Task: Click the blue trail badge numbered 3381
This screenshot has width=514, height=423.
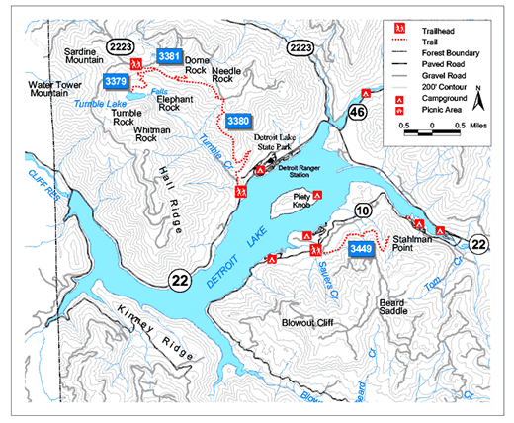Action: (169, 57)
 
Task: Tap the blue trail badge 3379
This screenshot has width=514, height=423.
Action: (116, 80)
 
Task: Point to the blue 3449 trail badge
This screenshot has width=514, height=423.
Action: (361, 251)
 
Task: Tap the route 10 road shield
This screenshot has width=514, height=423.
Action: (363, 210)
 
